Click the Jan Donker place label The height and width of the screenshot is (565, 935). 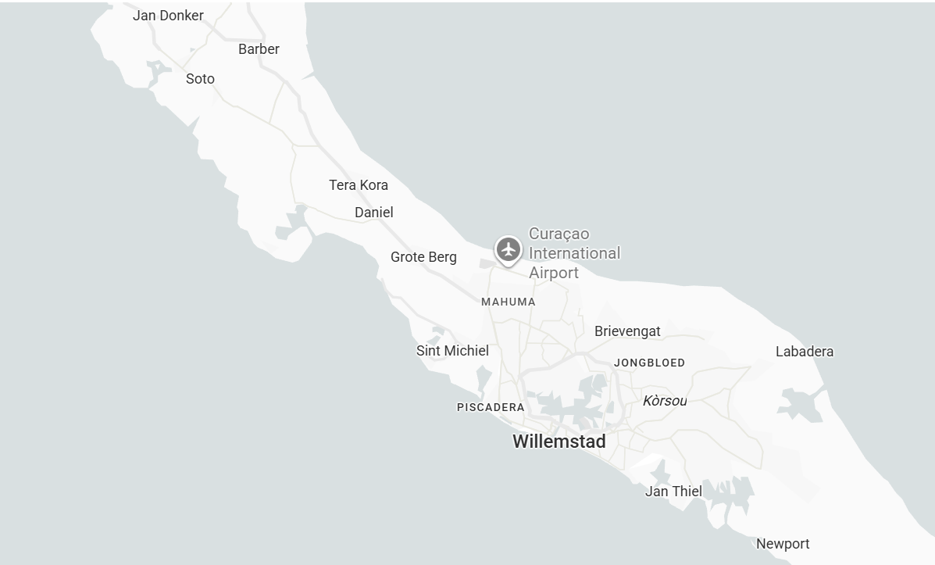pos(168,16)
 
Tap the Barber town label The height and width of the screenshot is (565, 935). pos(259,49)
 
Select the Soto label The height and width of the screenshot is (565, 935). pos(200,79)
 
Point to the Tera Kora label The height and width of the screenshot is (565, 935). pos(359,185)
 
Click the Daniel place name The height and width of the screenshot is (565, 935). pos(374,213)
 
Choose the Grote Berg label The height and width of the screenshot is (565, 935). pos(423,257)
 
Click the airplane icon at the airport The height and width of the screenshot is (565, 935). pos(509,250)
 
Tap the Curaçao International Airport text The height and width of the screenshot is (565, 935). pos(574,253)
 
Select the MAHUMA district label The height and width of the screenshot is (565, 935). pos(509,302)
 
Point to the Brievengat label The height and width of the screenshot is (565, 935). pos(627,331)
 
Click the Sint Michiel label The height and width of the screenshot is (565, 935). pos(452,351)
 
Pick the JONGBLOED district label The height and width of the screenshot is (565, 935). pos(649,363)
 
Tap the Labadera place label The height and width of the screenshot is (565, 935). pos(805,352)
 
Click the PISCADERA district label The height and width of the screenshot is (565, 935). pos(491,407)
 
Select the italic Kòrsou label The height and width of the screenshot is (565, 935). pos(665,401)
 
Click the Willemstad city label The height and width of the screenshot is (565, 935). pos(559,442)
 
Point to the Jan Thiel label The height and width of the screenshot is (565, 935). pos(673,492)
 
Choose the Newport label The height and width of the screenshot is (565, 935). pos(783,544)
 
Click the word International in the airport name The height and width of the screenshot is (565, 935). pos(574,253)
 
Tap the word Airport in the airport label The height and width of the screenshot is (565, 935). pos(554,273)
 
